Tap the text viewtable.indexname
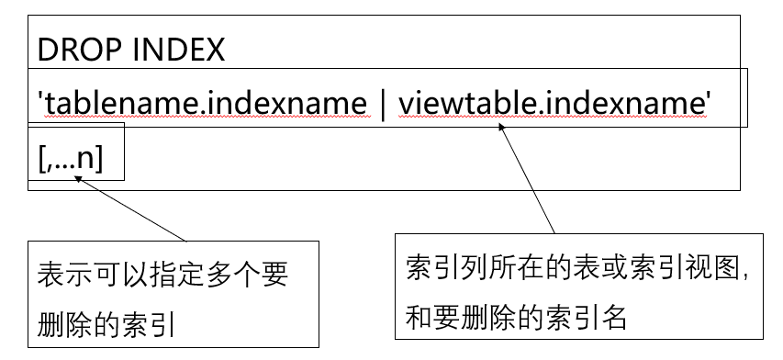tap(552, 104)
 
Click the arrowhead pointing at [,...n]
tap(81, 180)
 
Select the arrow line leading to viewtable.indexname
tap(528, 179)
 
